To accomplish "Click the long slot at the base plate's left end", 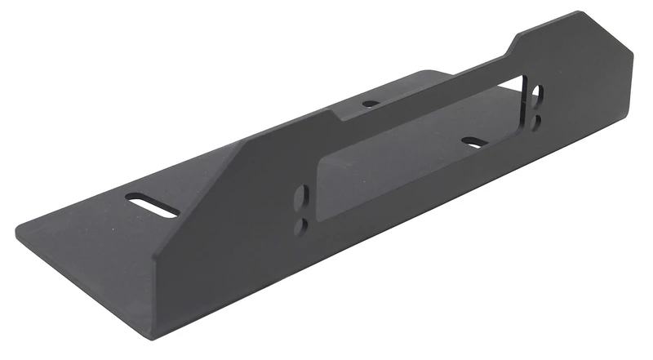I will click(153, 205).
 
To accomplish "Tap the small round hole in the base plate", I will click(371, 104).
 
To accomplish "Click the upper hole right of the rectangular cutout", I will click(535, 94).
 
